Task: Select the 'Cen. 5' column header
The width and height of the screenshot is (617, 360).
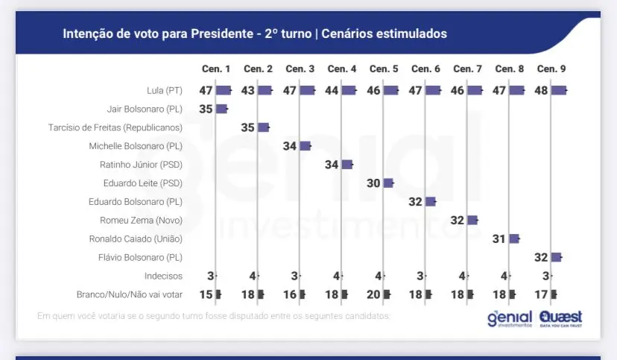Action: pos(383,69)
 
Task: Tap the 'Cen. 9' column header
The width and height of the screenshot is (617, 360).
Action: pos(551,69)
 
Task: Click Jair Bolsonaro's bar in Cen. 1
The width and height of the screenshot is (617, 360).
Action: pos(221,109)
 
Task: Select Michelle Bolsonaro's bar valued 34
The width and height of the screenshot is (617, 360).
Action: pos(305,146)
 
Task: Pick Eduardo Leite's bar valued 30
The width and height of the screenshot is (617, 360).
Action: pos(388,183)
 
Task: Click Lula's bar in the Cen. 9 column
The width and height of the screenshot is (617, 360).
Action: pos(558,90)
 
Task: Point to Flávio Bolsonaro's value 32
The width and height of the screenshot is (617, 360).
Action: pos(541,257)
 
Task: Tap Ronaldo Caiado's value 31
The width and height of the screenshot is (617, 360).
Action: pos(499,239)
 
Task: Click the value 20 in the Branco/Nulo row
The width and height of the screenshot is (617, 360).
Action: pos(373,294)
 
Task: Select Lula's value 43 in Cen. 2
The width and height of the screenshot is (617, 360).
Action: pos(247,90)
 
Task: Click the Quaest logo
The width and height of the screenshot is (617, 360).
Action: pos(561,319)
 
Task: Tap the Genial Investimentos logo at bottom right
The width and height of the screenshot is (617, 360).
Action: pos(510,319)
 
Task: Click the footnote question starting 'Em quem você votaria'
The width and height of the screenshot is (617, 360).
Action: pos(213,316)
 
